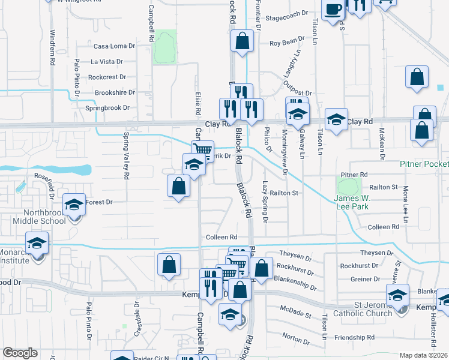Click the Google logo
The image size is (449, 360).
pyautogui.click(x=20, y=353)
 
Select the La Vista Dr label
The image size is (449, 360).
pyautogui.click(x=106, y=61)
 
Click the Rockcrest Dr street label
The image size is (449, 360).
pyautogui.click(x=107, y=77)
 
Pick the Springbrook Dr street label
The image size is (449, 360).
pyautogui.click(x=107, y=108)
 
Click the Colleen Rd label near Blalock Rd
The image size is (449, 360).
pyautogui.click(x=222, y=238)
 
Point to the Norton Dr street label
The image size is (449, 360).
pyautogui.click(x=295, y=341)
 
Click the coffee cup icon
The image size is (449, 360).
pyautogui.click(x=333, y=10)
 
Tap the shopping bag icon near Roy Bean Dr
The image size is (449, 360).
pyautogui.click(x=242, y=41)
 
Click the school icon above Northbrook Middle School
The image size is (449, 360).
pyautogui.click(x=74, y=205)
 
